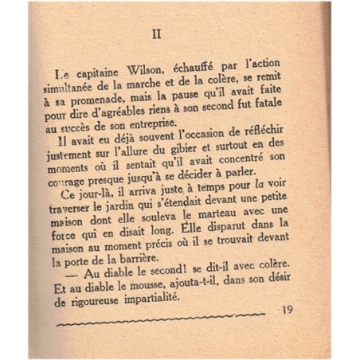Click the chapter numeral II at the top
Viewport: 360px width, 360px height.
coord(157,34)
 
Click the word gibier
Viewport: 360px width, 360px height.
coord(181,152)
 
